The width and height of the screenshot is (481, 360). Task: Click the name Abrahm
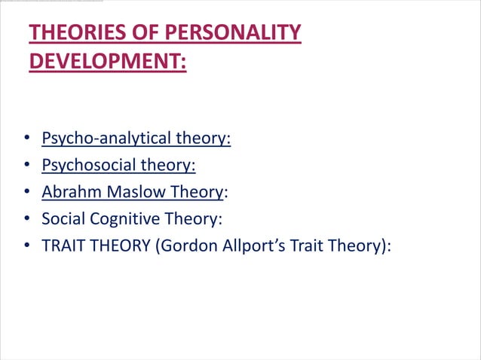coord(72,192)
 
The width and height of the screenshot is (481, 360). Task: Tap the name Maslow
coord(135,192)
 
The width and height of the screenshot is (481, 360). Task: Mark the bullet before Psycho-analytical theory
coord(26,139)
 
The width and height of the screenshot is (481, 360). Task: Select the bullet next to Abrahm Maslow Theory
coord(26,193)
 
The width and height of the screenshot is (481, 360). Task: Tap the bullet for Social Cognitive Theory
coord(26,220)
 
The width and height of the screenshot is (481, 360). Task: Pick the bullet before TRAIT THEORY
coord(26,247)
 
